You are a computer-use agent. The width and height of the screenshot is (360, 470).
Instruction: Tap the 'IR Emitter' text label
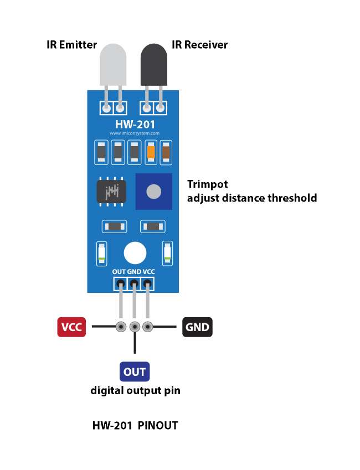coord(72,45)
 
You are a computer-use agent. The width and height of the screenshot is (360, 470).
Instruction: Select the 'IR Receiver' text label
coord(200,45)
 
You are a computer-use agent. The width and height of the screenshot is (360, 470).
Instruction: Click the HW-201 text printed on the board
coord(135,124)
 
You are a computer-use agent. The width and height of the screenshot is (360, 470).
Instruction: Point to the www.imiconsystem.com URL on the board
coord(135,133)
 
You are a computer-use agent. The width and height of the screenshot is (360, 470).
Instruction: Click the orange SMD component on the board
coord(150,151)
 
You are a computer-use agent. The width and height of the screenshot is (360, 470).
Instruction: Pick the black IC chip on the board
coord(111,192)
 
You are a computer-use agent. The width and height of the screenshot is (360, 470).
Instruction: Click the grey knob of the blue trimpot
coord(153,192)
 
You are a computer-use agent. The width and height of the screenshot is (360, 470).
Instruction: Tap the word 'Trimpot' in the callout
coord(208,184)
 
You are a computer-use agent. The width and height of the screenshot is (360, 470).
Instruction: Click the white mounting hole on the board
coord(135,253)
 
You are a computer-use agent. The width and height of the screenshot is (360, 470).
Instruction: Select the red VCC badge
coord(71,327)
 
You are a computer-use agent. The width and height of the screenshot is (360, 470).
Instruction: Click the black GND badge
coord(198,327)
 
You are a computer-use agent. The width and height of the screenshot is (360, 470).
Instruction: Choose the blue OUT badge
coord(135,372)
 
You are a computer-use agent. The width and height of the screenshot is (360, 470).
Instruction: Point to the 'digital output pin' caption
coord(135,391)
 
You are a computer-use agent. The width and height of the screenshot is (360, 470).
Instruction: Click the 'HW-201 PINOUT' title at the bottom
coord(135,426)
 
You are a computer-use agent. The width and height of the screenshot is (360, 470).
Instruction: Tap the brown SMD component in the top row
coord(166,151)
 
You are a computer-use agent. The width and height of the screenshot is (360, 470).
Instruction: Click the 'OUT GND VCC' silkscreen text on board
coord(133,272)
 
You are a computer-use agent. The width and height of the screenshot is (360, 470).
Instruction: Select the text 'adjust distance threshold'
coord(252,198)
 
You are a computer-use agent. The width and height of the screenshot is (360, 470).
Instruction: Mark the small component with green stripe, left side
coord(101,253)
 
